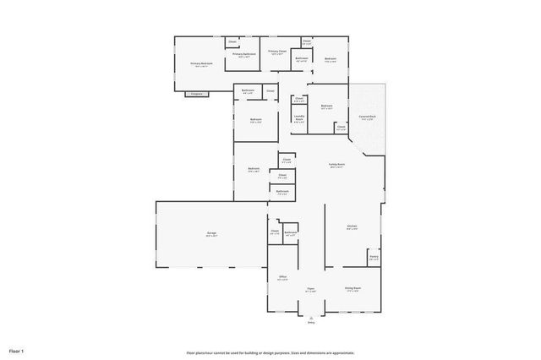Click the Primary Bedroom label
pyautogui.click(x=201, y=63)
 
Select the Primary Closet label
pyautogui.click(x=277, y=52)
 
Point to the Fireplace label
pyautogui.click(x=197, y=93)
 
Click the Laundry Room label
pyautogui.click(x=299, y=118)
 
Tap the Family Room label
pyautogui.click(x=336, y=166)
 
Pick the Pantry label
pyautogui.click(x=374, y=257)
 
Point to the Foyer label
pyautogui.click(x=311, y=289)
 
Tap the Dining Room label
pyautogui.click(x=352, y=289)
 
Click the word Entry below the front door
pyautogui.click(x=311, y=322)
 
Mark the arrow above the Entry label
pyautogui.click(x=311, y=316)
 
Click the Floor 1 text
pyautogui.click(x=17, y=350)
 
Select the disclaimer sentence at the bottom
pyautogui.click(x=270, y=352)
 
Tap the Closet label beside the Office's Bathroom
pyautogui.click(x=275, y=232)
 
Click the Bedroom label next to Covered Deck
pyautogui.click(x=326, y=106)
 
